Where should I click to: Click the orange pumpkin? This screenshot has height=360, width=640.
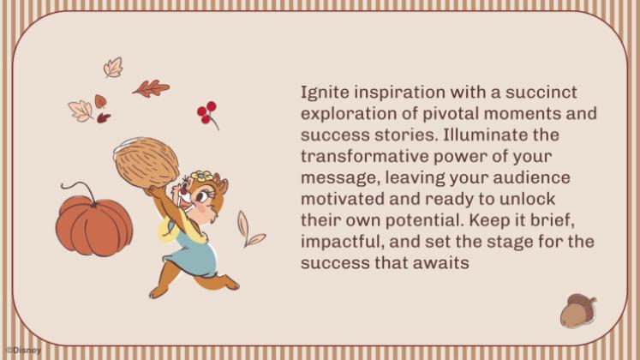tap(94, 225)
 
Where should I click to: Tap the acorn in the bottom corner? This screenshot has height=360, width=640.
tap(578, 311)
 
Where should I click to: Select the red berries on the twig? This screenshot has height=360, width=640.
tap(207, 112)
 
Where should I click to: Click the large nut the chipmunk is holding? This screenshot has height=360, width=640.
tap(147, 163)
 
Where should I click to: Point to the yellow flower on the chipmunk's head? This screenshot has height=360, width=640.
tap(201, 177)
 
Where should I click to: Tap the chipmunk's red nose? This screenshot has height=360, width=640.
tap(184, 191)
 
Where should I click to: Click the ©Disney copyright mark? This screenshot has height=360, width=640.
tap(24, 351)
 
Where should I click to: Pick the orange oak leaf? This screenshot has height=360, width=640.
tap(151, 88)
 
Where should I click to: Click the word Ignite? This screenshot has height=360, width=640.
tap(325, 93)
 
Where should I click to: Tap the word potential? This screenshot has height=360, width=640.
tap(423, 221)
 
